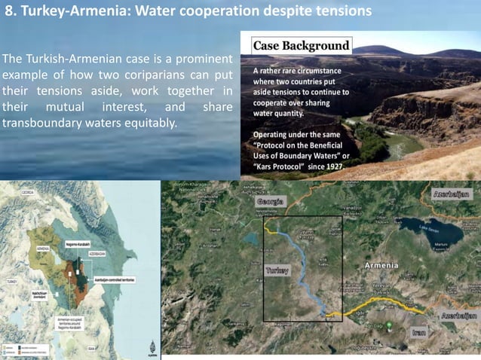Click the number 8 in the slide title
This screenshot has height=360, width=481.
pos(10,12)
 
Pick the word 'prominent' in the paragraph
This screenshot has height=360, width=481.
pos(202,59)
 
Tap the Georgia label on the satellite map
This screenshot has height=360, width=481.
pos(271,203)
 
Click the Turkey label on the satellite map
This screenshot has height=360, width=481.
pos(277,270)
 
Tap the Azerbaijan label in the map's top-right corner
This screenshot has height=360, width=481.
pos(452,194)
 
